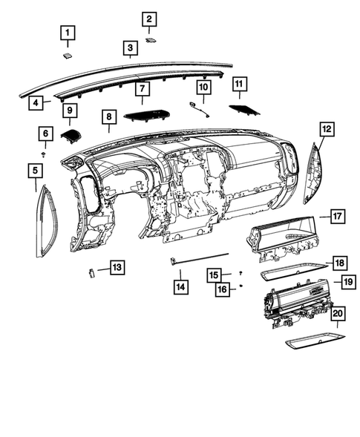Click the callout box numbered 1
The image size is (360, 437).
pos(68,33)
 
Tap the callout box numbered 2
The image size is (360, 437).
pos(149,19)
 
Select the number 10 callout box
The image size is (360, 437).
pos(203,88)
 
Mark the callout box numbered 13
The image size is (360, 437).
pos(117,266)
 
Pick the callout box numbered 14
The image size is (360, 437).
pos(180,285)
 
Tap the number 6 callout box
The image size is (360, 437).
pos(45,134)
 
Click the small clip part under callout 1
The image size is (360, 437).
pos(68,53)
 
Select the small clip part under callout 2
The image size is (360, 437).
pos(151,40)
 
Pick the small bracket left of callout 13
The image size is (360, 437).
pos(91,272)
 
